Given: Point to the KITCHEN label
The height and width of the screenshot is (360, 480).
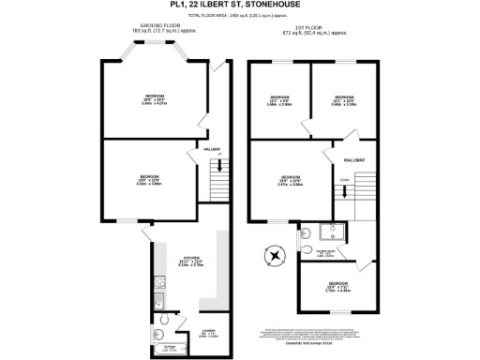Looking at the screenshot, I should [191, 257].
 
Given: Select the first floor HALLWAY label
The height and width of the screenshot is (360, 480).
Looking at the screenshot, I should [353, 160].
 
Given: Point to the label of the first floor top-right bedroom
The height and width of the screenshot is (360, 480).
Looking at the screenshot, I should [343, 100].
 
